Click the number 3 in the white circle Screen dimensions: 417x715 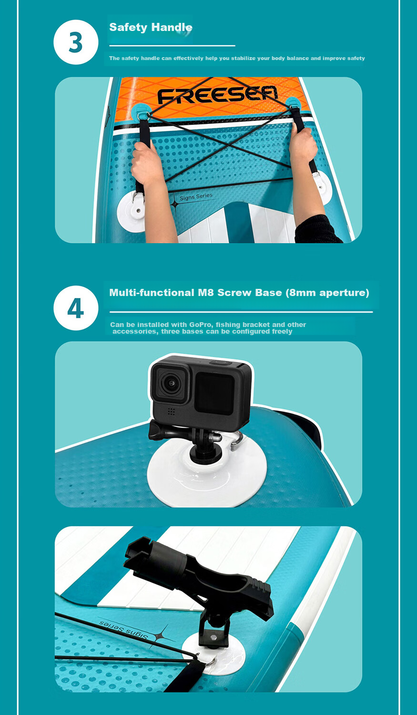coord(76,42)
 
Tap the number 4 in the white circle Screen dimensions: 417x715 coord(76,308)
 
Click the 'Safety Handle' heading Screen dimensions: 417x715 coord(151,27)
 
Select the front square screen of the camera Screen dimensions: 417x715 coord(214,393)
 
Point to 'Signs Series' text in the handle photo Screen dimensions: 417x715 coord(196,196)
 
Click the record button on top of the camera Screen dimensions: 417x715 coord(221,363)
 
